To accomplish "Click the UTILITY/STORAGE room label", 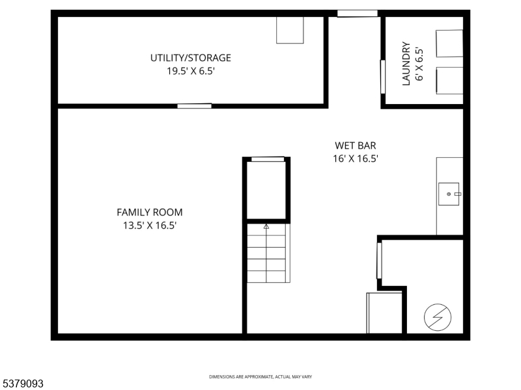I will pyautogui.click(x=190, y=58).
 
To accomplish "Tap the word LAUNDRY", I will pyautogui.click(x=406, y=64).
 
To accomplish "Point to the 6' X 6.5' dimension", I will pyautogui.click(x=419, y=64).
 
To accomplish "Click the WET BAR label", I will pyautogui.click(x=356, y=146).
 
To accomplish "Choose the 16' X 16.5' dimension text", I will pyautogui.click(x=356, y=158).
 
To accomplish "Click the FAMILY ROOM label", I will pyautogui.click(x=149, y=212).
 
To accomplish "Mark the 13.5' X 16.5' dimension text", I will pyautogui.click(x=149, y=225).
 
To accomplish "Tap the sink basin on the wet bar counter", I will pyautogui.click(x=449, y=194).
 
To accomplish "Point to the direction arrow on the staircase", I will pyautogui.click(x=266, y=226).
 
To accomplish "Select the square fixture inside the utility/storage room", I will pyautogui.click(x=290, y=30).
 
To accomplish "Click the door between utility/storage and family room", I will pyautogui.click(x=194, y=106).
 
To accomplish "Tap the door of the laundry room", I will pyautogui.click(x=382, y=77).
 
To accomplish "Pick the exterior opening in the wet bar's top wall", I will pyautogui.click(x=357, y=14).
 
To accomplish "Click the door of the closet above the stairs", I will pyautogui.click(x=268, y=159).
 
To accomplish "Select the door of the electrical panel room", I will pyautogui.click(x=379, y=261).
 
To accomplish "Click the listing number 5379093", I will pyautogui.click(x=22, y=384).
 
